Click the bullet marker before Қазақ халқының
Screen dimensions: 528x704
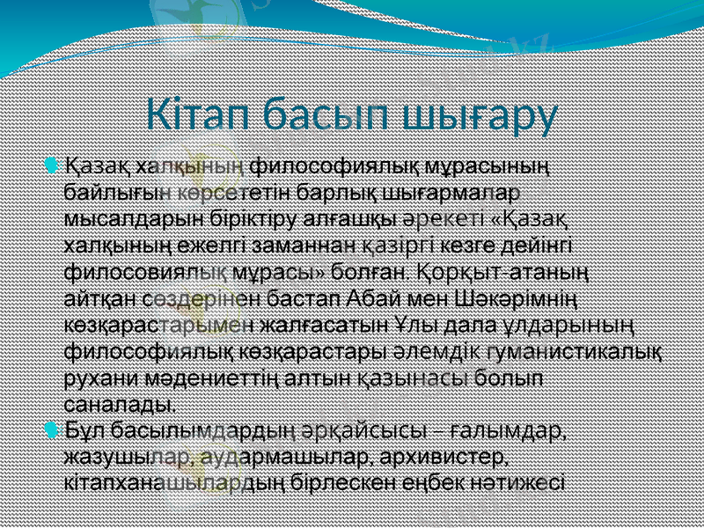pos(53,164)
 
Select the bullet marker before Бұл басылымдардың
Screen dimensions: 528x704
pos(53,431)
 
